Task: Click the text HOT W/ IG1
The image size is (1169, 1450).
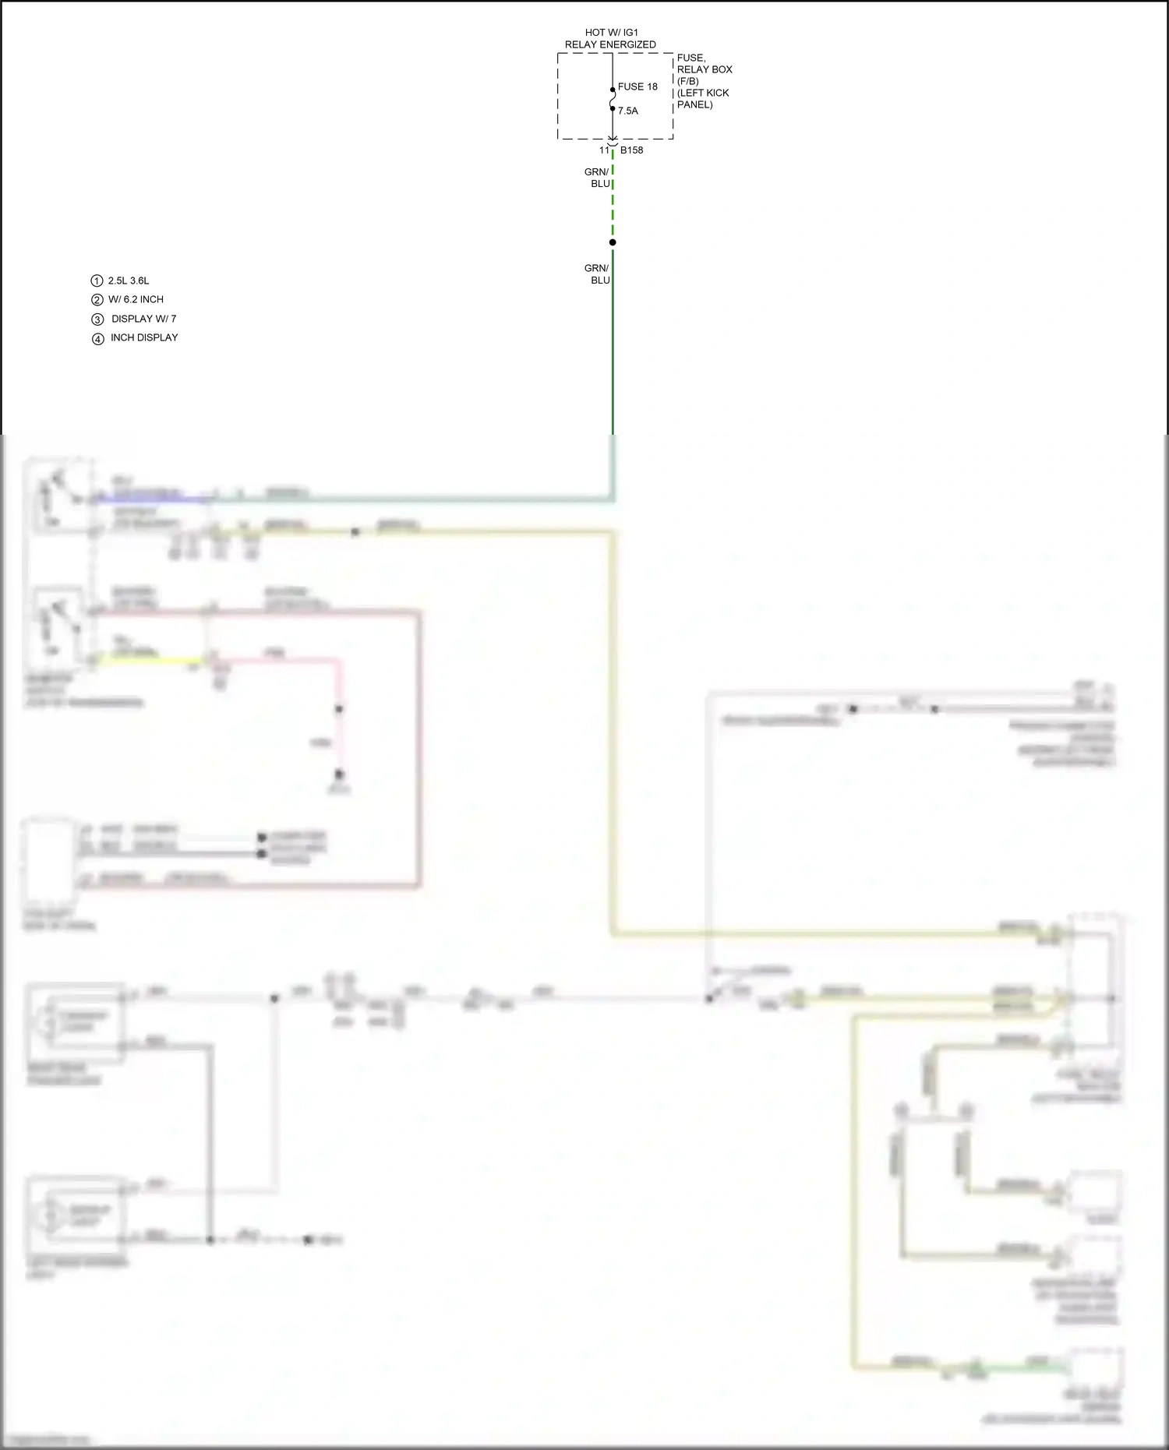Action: pos(611,33)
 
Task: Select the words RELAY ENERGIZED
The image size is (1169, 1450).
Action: pos(610,44)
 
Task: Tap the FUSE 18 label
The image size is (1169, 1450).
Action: pos(637,86)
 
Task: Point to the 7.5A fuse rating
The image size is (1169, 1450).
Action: pos(627,111)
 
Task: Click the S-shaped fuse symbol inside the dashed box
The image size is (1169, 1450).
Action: pos(613,99)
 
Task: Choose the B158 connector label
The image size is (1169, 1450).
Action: pos(631,150)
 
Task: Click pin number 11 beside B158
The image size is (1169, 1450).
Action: pos(604,150)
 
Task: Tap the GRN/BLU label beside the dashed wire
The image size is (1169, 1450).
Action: pos(598,178)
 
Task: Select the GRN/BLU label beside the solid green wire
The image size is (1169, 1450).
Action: pos(598,274)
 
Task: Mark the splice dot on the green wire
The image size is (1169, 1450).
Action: pos(613,242)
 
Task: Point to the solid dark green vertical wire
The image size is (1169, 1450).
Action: pos(613,351)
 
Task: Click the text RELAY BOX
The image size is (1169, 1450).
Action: pos(705,69)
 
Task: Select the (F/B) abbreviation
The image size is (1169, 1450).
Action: pos(687,81)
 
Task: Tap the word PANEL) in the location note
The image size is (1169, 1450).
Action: pos(694,104)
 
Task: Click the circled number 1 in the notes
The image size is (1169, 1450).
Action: pos(97,280)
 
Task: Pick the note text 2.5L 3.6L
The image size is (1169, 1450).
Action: pos(129,280)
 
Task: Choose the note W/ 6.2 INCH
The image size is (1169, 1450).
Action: pos(136,299)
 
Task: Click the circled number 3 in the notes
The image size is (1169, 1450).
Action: pos(97,319)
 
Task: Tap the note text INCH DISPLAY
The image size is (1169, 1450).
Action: pos(144,337)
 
